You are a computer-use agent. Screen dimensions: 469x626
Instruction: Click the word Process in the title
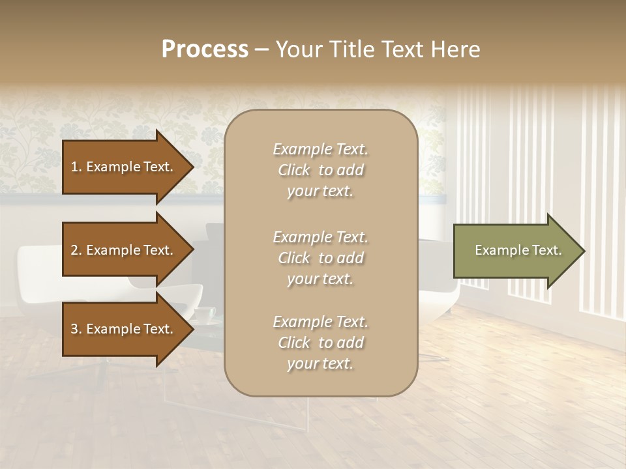(x=205, y=50)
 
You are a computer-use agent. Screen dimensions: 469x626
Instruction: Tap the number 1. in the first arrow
(x=76, y=167)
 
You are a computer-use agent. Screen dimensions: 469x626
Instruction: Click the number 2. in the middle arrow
(x=76, y=251)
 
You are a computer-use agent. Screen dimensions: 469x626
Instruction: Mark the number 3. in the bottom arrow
(x=76, y=330)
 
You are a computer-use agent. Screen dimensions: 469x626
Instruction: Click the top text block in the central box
(x=320, y=170)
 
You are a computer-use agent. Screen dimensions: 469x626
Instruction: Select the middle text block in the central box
(x=320, y=258)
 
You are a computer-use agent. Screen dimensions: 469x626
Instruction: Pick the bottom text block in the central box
(x=320, y=343)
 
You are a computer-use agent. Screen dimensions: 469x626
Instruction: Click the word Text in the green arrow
(x=546, y=251)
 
